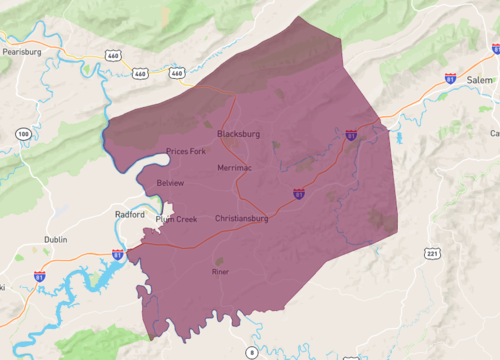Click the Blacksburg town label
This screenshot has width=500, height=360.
point(238,133)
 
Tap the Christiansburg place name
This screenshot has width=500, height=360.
point(242,218)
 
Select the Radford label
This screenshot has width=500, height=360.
point(129,215)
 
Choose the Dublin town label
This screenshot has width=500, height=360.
point(56,240)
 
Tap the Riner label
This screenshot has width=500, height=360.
point(221,272)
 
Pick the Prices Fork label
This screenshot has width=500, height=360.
point(186,151)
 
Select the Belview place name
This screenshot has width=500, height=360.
point(171,184)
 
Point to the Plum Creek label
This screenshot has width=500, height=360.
point(177,220)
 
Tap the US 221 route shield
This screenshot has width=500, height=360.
point(432,254)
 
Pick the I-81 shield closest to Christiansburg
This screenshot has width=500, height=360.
point(299,192)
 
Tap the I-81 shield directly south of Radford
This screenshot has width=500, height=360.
point(118,255)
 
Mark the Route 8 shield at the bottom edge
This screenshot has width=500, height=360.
point(252,353)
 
